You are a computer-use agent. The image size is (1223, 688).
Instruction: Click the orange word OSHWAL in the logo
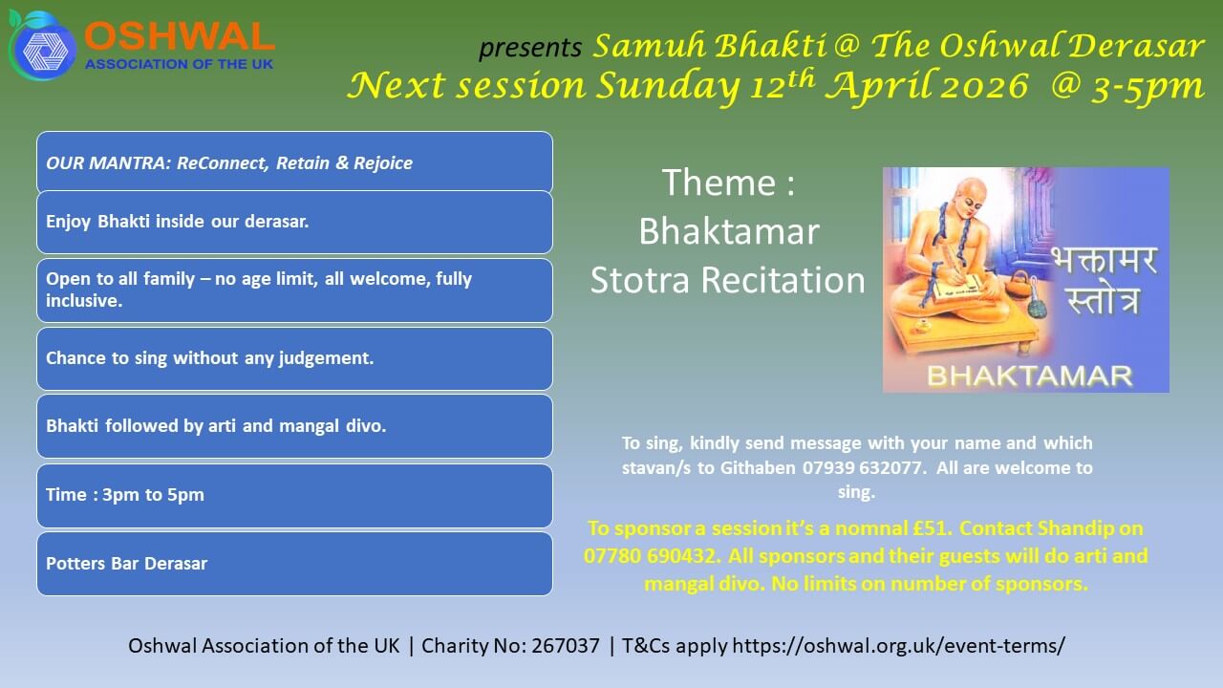[180, 36]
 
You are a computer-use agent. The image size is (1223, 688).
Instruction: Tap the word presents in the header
[530, 47]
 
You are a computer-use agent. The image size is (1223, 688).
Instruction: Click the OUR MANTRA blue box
[295, 161]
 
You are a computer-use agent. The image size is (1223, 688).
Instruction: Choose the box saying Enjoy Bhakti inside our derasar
[295, 222]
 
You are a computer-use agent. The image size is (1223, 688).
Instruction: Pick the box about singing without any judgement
[295, 358]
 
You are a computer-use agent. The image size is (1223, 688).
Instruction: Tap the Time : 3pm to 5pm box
[295, 495]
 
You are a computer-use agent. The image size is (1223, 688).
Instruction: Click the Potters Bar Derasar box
[295, 564]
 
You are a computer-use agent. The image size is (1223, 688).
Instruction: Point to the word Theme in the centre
[719, 182]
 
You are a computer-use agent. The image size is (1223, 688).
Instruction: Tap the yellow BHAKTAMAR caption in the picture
[1030, 376]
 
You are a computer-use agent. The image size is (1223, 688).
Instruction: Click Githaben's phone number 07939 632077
[862, 468]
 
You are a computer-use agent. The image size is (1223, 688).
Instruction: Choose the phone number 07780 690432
[650, 556]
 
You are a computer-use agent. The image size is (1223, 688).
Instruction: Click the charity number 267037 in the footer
[566, 645]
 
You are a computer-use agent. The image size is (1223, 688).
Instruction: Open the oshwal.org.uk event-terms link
[899, 646]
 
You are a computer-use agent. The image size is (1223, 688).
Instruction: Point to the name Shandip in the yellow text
[1076, 528]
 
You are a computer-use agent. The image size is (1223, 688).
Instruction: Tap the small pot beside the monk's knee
[1019, 284]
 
